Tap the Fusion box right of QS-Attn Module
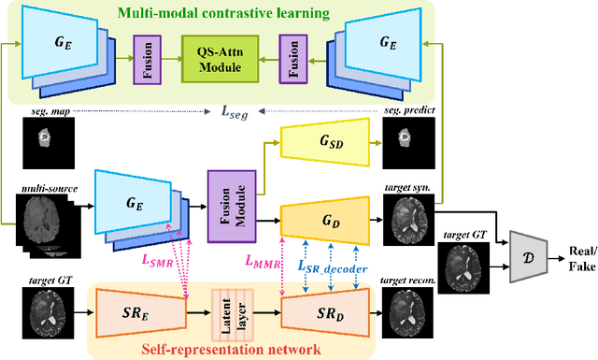pos(291,59)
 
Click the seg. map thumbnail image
pos(42,141)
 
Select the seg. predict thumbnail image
pos(404,140)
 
